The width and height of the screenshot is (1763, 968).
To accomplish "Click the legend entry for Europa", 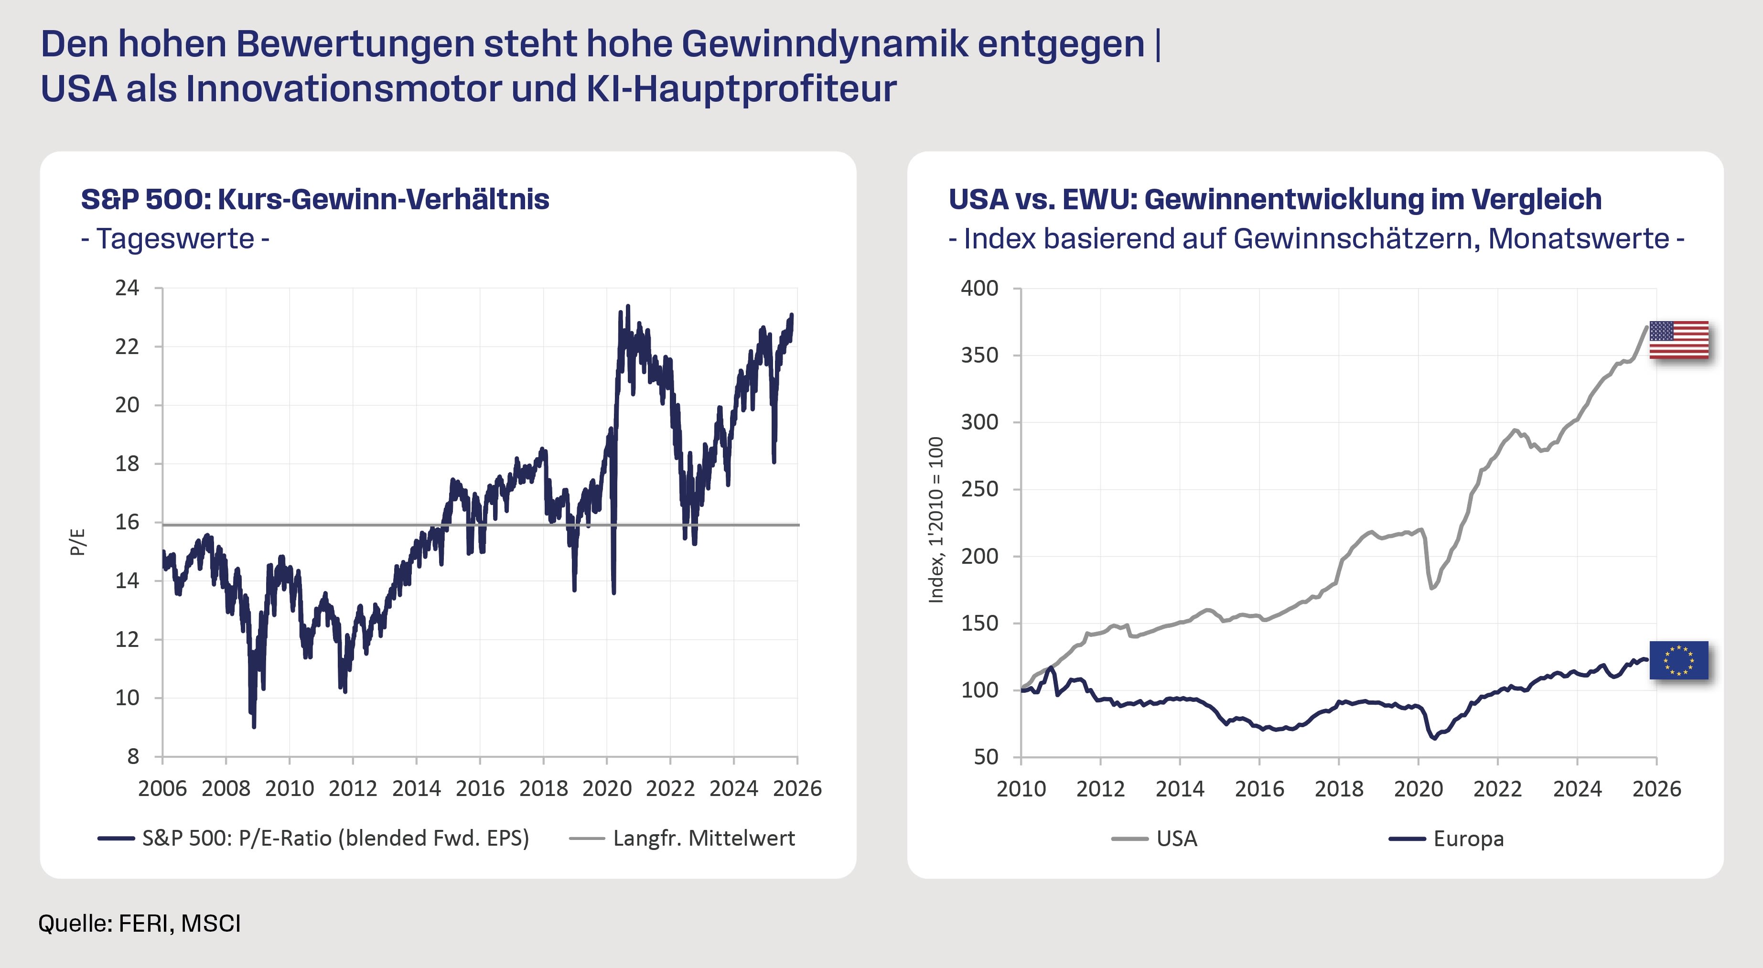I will tap(1468, 839).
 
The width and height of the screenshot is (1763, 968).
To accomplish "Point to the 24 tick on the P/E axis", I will tap(127, 288).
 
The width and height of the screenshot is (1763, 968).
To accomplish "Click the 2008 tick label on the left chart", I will tap(226, 789).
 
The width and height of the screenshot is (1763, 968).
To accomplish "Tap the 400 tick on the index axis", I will tap(979, 288).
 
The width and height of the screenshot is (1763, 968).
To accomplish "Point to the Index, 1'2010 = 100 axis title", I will tap(935, 520).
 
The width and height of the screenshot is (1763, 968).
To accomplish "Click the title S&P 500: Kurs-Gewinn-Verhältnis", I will tap(315, 199).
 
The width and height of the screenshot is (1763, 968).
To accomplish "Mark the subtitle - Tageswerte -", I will tap(175, 239).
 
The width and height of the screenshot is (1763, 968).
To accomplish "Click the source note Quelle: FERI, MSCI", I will tap(140, 924).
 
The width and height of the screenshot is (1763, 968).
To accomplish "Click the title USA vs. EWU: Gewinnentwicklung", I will tap(1274, 199).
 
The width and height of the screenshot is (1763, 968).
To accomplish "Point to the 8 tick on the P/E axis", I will tap(133, 756).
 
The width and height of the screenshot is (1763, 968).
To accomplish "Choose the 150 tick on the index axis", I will tap(979, 623).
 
